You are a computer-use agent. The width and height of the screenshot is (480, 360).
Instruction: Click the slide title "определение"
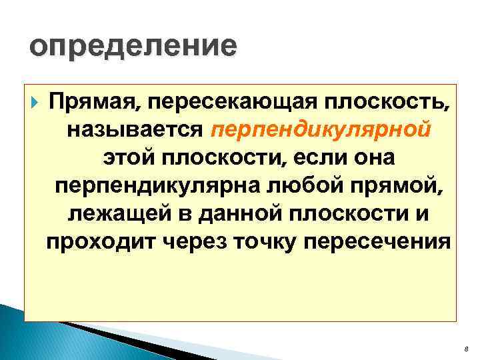click(x=133, y=47)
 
